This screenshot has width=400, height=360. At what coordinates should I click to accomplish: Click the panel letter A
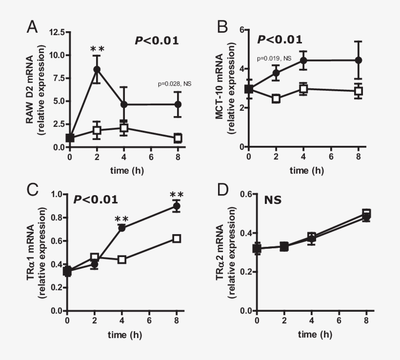pyautogui.click(x=32, y=26)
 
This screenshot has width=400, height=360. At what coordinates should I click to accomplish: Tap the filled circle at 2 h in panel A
pyautogui.click(x=97, y=69)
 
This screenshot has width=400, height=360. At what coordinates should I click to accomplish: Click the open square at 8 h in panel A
pyautogui.click(x=178, y=138)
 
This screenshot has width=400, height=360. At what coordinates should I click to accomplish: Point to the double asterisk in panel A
pyautogui.click(x=97, y=49)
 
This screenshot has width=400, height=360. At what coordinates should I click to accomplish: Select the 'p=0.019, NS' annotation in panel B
pyautogui.click(x=274, y=59)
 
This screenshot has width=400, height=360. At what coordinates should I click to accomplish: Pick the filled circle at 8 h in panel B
pyautogui.click(x=359, y=60)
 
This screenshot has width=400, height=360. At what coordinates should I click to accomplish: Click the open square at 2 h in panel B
pyautogui.click(x=276, y=99)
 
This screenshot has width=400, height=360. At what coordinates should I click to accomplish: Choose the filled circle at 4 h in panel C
pyautogui.click(x=122, y=228)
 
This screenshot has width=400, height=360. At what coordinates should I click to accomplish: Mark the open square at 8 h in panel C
pyautogui.click(x=177, y=239)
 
